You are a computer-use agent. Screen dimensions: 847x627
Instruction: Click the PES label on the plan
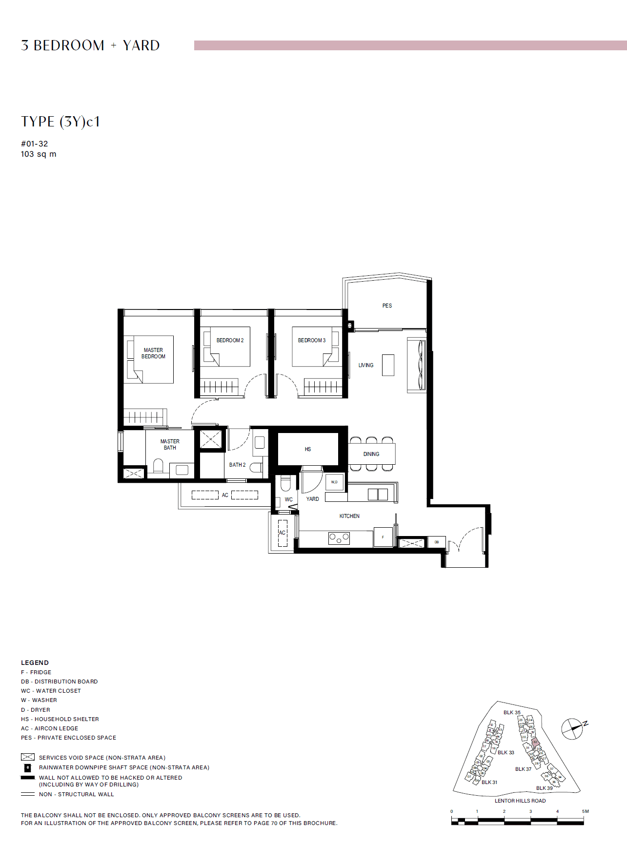tap(387, 306)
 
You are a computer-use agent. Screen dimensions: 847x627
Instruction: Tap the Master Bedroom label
tap(153, 353)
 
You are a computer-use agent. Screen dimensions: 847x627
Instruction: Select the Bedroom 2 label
tap(230, 340)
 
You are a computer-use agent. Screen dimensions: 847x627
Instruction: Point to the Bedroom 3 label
tap(311, 340)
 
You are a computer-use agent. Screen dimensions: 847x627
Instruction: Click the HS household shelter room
tap(308, 449)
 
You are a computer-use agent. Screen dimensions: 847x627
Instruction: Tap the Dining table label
tap(371, 454)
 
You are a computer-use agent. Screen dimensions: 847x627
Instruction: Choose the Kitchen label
tap(349, 516)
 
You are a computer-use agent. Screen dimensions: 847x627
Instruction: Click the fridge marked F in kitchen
tap(383, 537)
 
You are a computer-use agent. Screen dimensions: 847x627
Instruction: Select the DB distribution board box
tap(436, 542)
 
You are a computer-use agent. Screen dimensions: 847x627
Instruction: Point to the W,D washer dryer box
tap(334, 482)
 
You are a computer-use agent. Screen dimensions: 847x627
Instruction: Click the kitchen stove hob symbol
tap(339, 538)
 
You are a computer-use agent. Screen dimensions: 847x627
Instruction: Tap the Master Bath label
tap(170, 444)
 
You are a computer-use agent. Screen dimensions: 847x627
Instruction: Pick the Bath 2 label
tap(237, 465)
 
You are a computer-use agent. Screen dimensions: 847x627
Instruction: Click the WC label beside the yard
tap(289, 499)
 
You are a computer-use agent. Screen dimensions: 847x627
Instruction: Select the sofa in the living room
tap(416, 365)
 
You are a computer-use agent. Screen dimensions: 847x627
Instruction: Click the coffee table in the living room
tap(388, 365)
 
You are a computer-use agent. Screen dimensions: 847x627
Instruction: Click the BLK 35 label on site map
tap(512, 712)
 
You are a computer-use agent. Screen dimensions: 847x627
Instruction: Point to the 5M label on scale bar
tap(585, 811)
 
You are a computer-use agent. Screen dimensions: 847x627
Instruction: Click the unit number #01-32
tap(35, 144)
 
